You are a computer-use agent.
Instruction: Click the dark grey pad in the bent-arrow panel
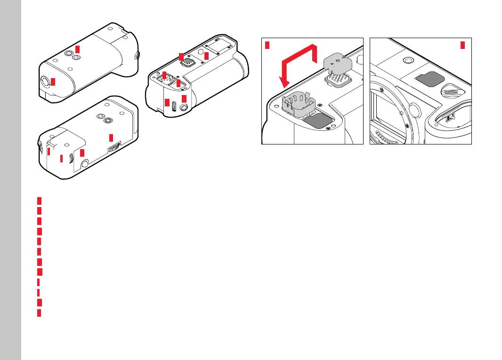coord(318,120)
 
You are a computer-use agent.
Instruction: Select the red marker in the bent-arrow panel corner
coord(267,45)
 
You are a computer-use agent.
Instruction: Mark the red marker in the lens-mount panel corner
coord(462,45)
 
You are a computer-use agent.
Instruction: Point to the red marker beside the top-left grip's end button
coord(53,81)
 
